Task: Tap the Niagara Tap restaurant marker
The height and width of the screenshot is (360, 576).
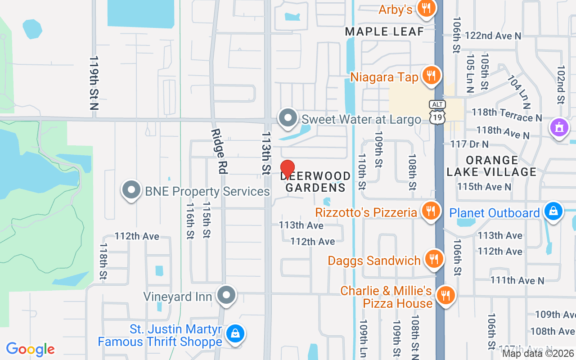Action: [x=431, y=76]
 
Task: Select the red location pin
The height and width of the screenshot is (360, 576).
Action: [x=288, y=169]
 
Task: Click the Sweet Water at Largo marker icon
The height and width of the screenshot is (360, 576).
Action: [x=288, y=118]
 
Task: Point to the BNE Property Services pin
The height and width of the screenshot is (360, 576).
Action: [x=131, y=190]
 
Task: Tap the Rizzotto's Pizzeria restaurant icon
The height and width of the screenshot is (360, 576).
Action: [x=431, y=211]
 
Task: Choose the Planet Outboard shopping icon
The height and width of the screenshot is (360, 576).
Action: [x=553, y=211]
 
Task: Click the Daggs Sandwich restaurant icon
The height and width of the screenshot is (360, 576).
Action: [x=434, y=259]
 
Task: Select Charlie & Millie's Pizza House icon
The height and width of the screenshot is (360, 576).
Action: [x=445, y=296]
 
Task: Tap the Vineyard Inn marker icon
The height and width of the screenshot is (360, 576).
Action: [x=226, y=296]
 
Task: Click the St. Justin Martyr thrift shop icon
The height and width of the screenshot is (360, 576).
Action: [x=235, y=334]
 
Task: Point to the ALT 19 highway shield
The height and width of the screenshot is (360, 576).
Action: [x=437, y=112]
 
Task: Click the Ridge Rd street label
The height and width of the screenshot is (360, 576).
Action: [x=219, y=151]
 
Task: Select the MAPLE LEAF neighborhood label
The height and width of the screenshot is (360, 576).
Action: [x=384, y=31]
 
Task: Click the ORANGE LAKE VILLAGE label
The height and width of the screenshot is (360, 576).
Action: [x=492, y=166]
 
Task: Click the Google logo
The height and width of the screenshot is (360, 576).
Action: [x=31, y=349]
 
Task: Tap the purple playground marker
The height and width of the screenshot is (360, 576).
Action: [x=559, y=127]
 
